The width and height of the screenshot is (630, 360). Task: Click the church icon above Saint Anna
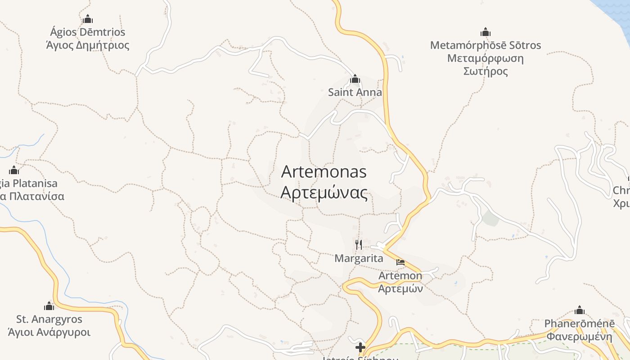coord(355,80)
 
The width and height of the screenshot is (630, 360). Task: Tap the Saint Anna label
coord(355,93)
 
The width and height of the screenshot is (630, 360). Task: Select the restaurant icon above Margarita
coord(359,244)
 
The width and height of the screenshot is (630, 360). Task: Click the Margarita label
coord(359,258)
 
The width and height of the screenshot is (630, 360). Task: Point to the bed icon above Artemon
coord(400,262)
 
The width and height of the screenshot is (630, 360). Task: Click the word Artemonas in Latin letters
coord(324,171)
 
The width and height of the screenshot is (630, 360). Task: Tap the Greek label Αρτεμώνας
coord(324,192)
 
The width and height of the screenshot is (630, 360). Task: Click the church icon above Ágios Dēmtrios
coord(88,19)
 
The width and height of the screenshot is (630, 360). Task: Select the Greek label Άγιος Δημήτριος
coord(88,45)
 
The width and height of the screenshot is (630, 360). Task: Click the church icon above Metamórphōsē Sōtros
coord(485,32)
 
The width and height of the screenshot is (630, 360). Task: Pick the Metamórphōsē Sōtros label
coord(485,45)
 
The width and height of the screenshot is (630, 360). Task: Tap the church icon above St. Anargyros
coord(49,306)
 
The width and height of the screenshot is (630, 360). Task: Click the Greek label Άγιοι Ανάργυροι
coord(49,333)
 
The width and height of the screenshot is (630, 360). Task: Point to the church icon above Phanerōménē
coord(580,310)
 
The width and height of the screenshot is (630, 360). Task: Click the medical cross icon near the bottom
coord(360,347)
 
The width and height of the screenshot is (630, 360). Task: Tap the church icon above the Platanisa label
coord(14,170)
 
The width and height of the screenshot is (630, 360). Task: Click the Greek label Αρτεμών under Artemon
coord(400,288)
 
